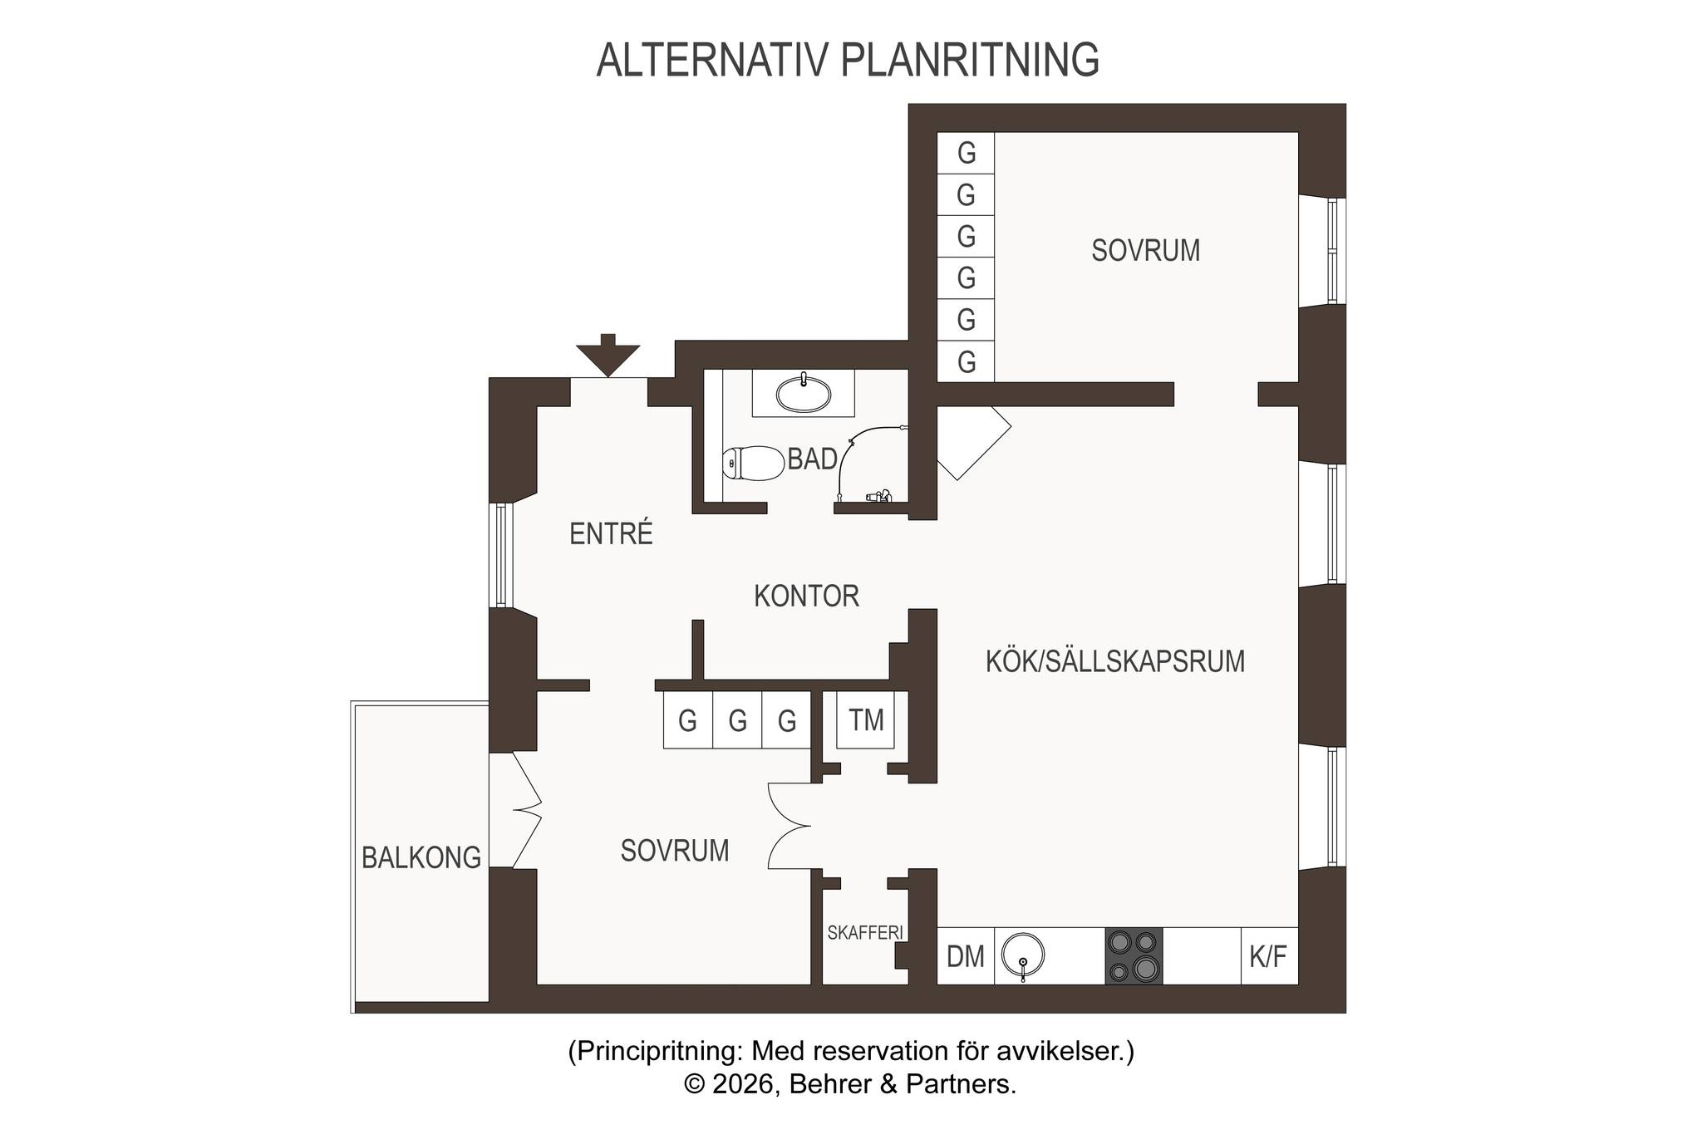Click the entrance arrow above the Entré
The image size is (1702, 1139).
click(608, 356)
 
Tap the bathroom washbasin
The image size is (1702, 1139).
click(804, 393)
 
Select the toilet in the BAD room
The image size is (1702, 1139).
click(753, 464)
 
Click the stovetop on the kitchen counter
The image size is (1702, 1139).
click(1134, 956)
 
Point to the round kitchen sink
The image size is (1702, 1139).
click(1022, 955)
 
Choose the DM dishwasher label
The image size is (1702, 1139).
click(966, 957)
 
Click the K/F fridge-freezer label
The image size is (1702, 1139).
click(1268, 957)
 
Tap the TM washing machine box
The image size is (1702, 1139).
click(865, 719)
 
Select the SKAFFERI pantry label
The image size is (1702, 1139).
click(865, 933)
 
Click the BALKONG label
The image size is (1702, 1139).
click(421, 857)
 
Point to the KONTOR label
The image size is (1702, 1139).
click(806, 596)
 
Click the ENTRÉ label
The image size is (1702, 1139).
click(611, 533)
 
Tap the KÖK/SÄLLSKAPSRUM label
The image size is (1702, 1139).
click(1115, 661)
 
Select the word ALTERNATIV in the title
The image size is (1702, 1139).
click(713, 60)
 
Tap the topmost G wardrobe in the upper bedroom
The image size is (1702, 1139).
click(966, 153)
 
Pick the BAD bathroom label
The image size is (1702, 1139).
click(812, 459)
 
